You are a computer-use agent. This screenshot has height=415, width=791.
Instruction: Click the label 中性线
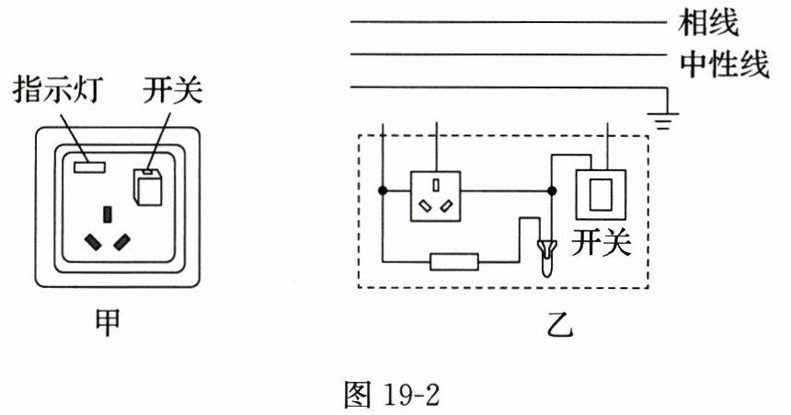(724, 63)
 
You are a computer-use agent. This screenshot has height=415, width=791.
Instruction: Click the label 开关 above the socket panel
(172, 92)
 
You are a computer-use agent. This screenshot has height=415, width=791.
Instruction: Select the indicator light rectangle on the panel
(88, 167)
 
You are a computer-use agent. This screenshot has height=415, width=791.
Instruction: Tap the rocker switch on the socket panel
(147, 186)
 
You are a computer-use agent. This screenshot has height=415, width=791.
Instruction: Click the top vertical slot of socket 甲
(109, 215)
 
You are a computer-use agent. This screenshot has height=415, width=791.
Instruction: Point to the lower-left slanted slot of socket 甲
(93, 242)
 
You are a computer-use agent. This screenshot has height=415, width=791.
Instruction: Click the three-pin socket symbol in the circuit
(436, 192)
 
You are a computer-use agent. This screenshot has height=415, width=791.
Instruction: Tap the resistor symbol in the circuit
(454, 261)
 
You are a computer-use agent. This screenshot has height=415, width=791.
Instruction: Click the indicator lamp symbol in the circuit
(545, 257)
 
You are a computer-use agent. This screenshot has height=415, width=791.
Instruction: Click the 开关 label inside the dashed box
(602, 243)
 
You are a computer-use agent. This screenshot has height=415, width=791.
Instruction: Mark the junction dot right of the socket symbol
(551, 191)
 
